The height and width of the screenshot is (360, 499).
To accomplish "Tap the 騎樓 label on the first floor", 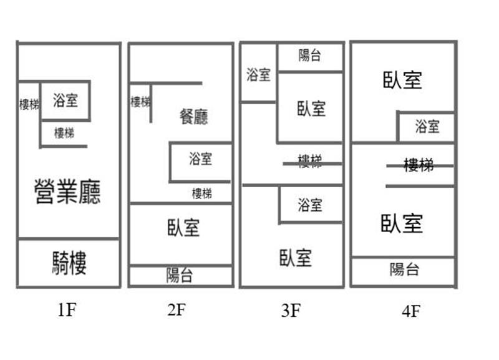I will pos(69,263).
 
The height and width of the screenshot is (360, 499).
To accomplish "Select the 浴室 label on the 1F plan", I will pos(65,100).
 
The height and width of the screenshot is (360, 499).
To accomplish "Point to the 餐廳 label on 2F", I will pos(193,117).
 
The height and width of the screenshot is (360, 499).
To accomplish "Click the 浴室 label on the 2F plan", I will pos(201,159).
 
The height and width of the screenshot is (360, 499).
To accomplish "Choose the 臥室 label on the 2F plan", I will pos(183,227).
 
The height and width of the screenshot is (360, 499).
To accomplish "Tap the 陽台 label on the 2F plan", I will pos(180,276).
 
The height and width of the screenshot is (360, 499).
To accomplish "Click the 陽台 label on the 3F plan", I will pos(309,56).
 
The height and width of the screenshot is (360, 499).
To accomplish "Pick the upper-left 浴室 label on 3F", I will pos(258,75).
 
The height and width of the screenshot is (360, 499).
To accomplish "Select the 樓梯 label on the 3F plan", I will pos(310,162).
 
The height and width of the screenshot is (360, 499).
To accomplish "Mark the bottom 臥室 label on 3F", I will pos(295,257).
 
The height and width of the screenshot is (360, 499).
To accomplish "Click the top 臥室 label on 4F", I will pos(402,80).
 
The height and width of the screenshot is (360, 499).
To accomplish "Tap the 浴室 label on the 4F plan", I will pos(427,127).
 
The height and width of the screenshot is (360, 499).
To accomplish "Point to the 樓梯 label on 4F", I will pos(419,165).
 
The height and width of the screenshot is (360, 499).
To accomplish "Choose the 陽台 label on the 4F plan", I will pos(405,270).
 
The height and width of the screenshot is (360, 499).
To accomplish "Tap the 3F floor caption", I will pos(291,310).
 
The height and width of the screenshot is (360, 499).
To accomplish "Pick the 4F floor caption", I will pos(410,311).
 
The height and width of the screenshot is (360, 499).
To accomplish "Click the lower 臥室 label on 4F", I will pos(402,223).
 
